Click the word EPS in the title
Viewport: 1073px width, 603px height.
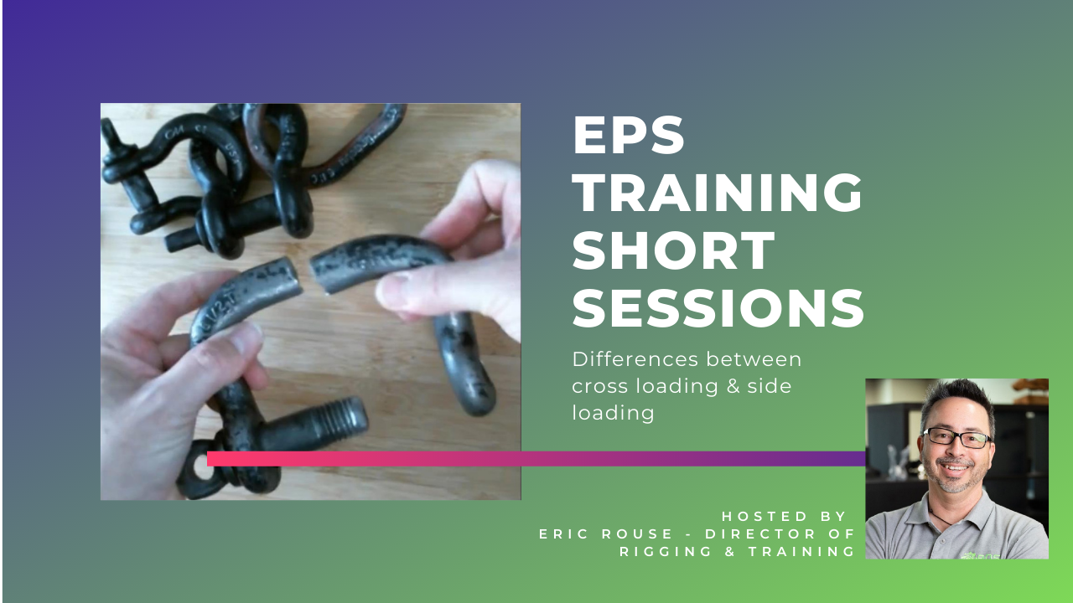point(629,136)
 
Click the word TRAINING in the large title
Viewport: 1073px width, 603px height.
point(718,193)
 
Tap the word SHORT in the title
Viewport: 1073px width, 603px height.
point(673,250)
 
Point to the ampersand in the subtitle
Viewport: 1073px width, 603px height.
point(733,386)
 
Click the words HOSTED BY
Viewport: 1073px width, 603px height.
point(784,517)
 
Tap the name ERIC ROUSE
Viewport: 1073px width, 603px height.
point(606,534)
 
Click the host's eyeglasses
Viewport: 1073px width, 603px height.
point(957,437)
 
